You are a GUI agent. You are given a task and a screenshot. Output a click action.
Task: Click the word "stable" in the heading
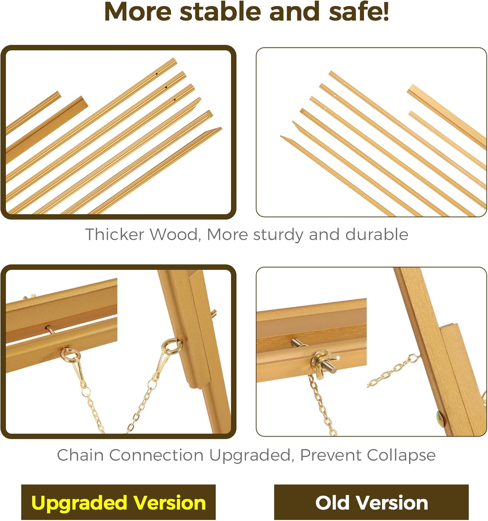tap(220, 12)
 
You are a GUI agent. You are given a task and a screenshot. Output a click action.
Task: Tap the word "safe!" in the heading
tap(359, 12)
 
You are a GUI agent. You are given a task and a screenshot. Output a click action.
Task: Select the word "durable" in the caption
tap(377, 234)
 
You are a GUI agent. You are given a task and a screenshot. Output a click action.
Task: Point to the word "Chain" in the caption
tap(80, 455)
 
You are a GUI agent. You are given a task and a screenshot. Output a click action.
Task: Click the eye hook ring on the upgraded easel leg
tap(170, 345)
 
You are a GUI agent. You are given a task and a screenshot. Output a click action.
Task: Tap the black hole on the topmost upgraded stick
tap(157, 74)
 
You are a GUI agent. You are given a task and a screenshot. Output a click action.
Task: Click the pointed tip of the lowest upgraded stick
tap(221, 128)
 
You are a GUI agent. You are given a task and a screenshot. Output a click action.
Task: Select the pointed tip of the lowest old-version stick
tap(281, 136)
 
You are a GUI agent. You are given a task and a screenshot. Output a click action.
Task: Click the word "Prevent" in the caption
tap(330, 455)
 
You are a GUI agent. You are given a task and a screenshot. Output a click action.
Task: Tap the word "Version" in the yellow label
tap(169, 503)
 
